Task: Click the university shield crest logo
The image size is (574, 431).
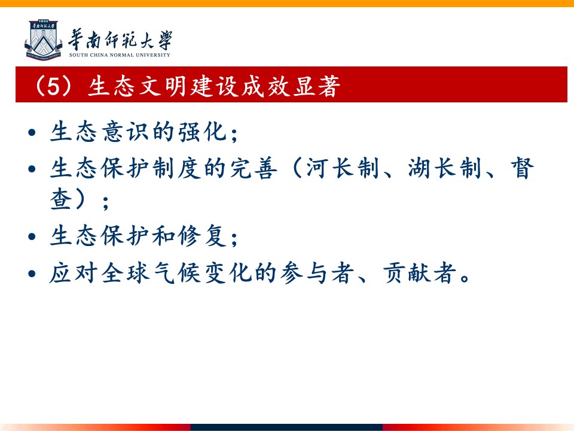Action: tap(43, 40)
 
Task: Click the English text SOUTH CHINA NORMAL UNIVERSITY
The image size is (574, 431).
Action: tap(120, 55)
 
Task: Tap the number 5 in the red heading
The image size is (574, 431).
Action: tap(53, 86)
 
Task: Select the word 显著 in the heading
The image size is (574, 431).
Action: tap(316, 86)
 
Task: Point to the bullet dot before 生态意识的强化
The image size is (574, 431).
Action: tap(32, 132)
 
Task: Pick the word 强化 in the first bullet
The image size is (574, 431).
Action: tap(202, 132)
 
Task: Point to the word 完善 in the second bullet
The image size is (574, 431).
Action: tap(254, 168)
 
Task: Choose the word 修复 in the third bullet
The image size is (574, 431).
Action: tap(202, 236)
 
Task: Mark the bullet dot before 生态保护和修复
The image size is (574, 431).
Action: tap(32, 236)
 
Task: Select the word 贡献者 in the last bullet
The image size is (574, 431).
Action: tap(420, 273)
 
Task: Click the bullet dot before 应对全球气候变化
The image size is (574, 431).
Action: tap(32, 274)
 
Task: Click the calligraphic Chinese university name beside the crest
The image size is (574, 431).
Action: tap(120, 40)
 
